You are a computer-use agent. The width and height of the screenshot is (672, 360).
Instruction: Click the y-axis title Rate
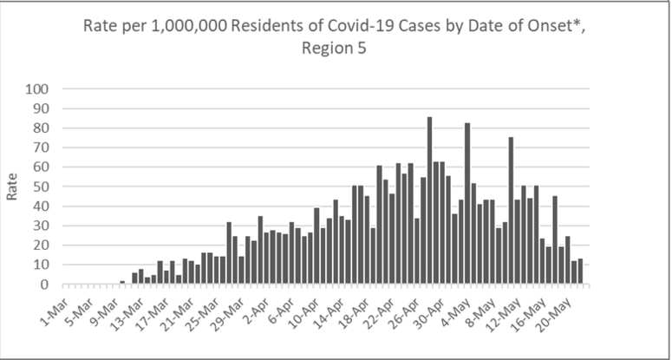pos(12,187)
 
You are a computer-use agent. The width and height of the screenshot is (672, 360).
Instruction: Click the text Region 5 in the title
pos(336,49)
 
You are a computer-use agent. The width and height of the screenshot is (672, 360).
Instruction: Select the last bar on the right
pos(579,272)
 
